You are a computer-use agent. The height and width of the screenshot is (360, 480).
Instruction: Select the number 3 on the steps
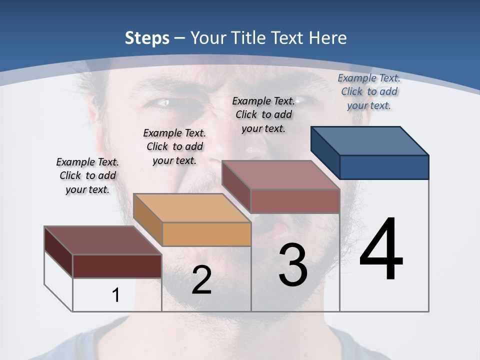click(292, 265)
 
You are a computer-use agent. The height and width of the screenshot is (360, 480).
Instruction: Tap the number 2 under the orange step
click(201, 280)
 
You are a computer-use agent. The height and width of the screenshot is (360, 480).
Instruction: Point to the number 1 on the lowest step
click(115, 295)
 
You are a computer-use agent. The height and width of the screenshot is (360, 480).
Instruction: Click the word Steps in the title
click(147, 38)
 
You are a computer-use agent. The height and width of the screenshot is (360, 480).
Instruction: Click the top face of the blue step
click(370, 140)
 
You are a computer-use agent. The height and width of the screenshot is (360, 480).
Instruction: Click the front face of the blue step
click(384, 167)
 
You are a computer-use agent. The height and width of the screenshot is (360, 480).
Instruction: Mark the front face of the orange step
click(206, 234)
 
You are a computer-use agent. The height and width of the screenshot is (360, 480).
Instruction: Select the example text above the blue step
click(369, 91)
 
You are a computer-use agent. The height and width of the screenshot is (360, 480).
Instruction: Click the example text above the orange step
click(174, 146)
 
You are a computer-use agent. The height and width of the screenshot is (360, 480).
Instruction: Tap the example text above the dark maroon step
click(87, 175)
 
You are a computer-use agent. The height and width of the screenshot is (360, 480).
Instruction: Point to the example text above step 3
click(263, 114)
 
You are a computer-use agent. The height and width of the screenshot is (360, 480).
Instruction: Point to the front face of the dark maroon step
click(117, 266)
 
